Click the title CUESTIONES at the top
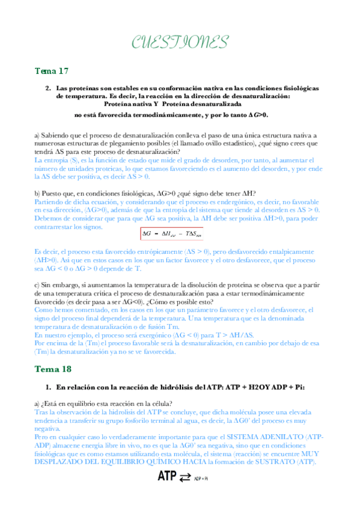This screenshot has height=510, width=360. tap(180, 41)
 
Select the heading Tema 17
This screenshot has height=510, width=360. tap(51, 72)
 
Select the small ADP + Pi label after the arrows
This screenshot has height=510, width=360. tap(201, 496)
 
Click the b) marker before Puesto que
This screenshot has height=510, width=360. tap(37, 193)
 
